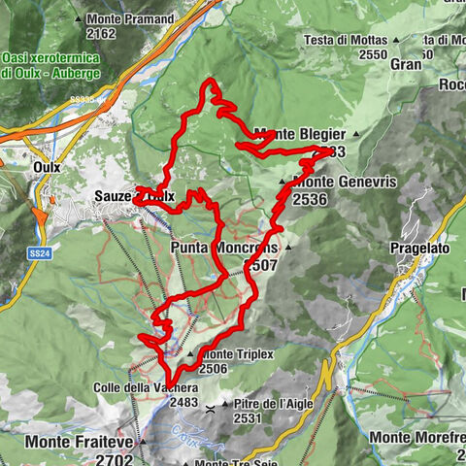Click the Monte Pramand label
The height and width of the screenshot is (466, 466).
click(x=131, y=19)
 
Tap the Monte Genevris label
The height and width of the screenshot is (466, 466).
click(x=330, y=182)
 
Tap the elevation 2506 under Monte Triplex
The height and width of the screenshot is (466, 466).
click(x=214, y=369)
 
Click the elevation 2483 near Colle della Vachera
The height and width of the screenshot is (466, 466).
click(x=184, y=402)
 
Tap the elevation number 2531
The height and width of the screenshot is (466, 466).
click(x=249, y=418)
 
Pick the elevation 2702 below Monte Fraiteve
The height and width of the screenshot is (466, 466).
click(x=115, y=457)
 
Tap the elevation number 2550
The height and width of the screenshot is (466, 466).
click(x=370, y=55)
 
